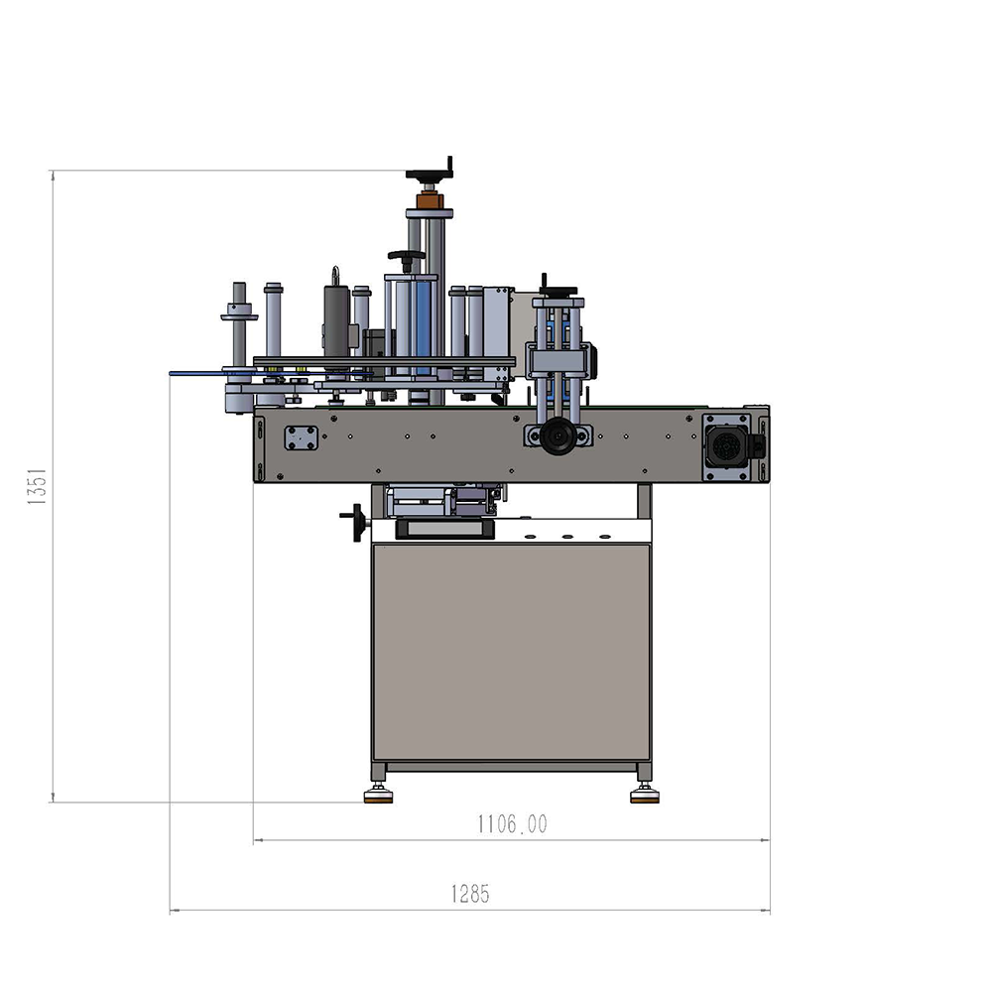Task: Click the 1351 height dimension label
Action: (x=37, y=486)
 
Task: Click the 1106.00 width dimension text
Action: (x=512, y=823)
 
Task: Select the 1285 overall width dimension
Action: (x=470, y=894)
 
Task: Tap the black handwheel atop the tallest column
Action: (x=430, y=173)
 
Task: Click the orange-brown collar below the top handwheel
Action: (x=430, y=201)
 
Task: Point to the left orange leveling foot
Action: (x=378, y=798)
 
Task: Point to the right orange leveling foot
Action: (x=645, y=798)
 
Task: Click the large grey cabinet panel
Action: (x=511, y=652)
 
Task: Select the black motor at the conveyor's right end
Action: (x=729, y=446)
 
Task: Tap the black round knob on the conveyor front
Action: (x=558, y=435)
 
